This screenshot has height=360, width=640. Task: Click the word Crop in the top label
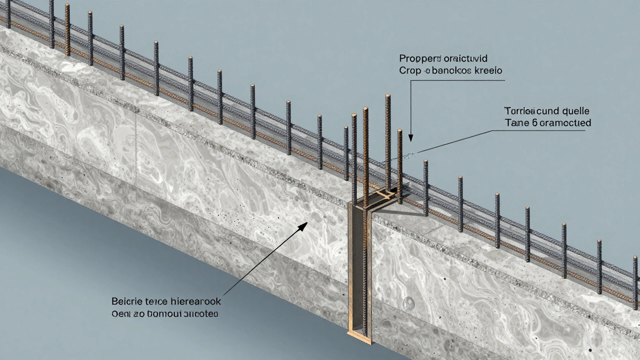pyautogui.click(x=409, y=71)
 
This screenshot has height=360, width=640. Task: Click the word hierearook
pyautogui.click(x=195, y=302)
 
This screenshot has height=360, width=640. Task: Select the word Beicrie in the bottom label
pyautogui.click(x=127, y=302)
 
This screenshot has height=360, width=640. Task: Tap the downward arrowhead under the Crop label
pyautogui.click(x=411, y=136)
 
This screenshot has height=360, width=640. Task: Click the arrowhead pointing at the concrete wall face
pyautogui.click(x=302, y=227)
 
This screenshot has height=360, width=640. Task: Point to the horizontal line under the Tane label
pyautogui.click(x=540, y=130)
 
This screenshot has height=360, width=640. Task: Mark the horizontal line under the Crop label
pyautogui.click(x=455, y=79)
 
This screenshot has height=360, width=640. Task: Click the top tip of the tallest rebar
pyautogui.click(x=387, y=96)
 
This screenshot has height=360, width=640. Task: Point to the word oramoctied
pyautogui.click(x=565, y=122)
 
